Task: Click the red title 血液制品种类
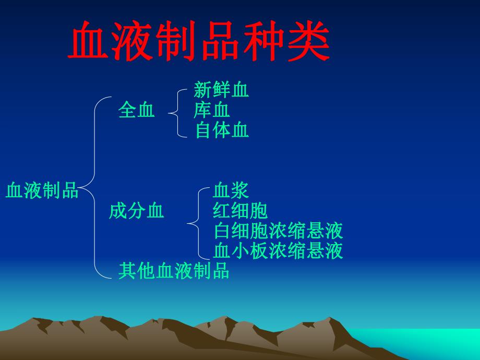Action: click(x=199, y=42)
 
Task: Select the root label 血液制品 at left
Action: click(x=42, y=190)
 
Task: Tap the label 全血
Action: click(x=137, y=110)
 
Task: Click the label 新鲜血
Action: click(x=221, y=90)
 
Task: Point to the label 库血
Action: click(x=212, y=110)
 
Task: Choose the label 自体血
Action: click(x=222, y=130)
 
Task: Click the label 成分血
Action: click(x=136, y=210)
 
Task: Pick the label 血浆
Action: click(x=231, y=190)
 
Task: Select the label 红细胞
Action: click(x=240, y=210)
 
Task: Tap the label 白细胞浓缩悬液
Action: click(x=278, y=231)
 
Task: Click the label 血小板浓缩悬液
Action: click(x=278, y=251)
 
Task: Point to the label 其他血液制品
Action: click(x=174, y=271)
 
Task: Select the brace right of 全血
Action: click(x=177, y=111)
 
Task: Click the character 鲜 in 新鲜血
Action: click(x=221, y=90)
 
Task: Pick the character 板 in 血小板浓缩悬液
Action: click(x=259, y=251)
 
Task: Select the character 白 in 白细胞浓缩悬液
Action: click(x=222, y=231)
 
